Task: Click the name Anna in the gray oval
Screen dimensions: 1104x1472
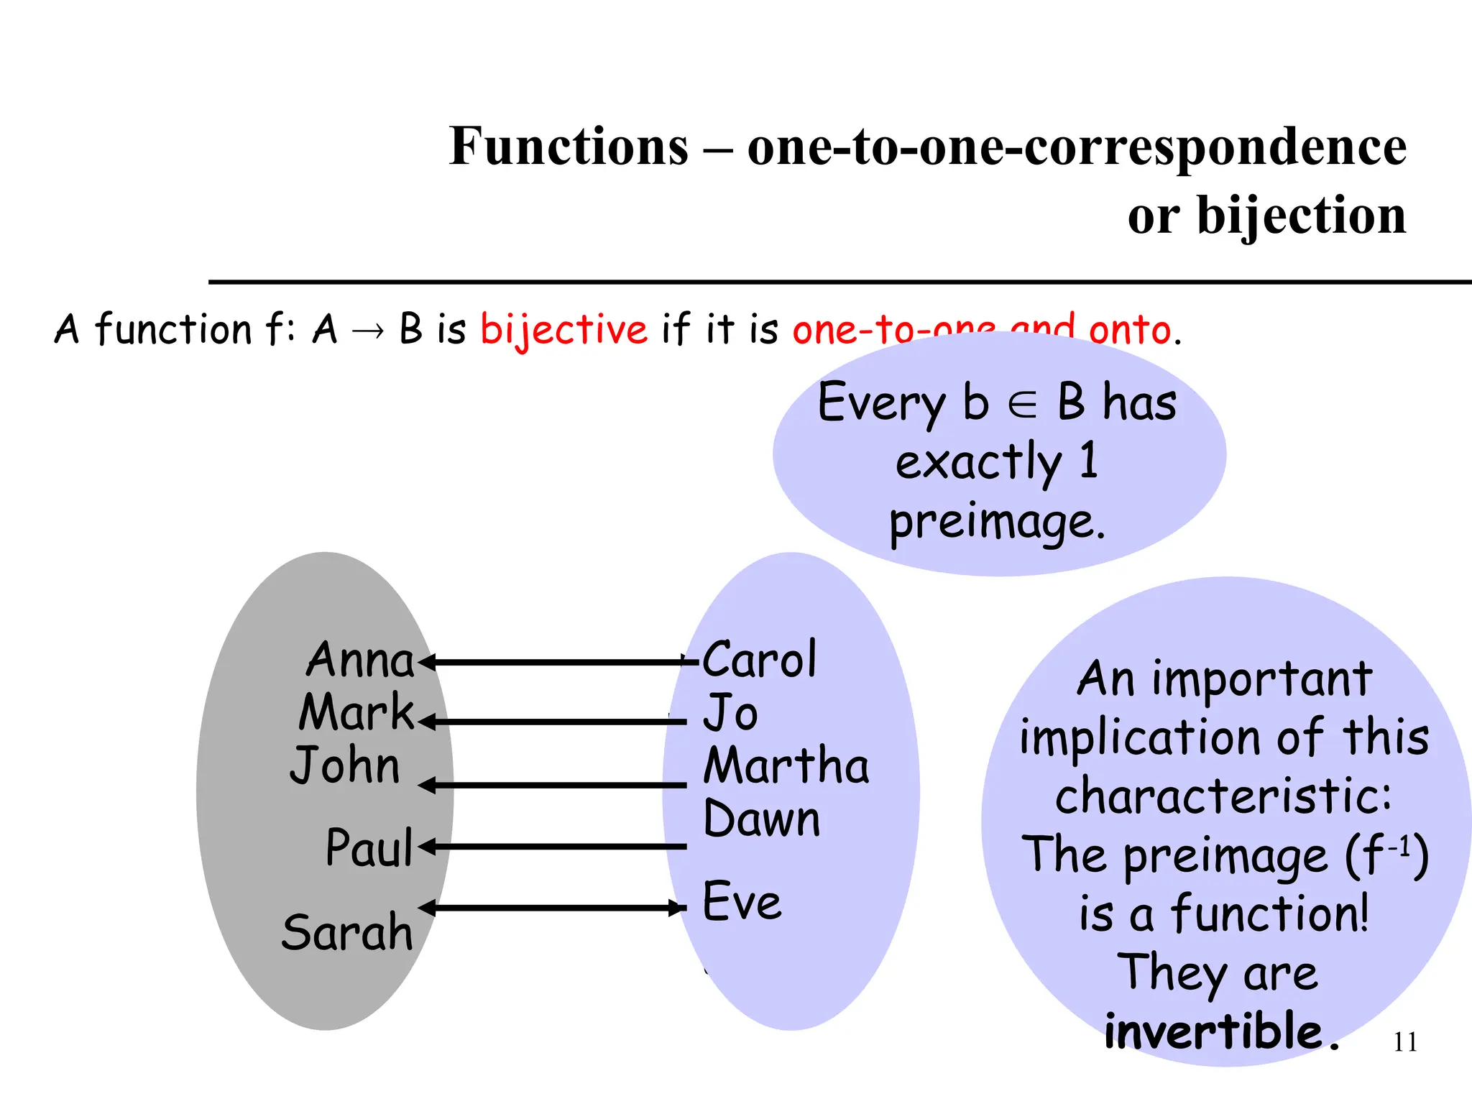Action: [x=360, y=660]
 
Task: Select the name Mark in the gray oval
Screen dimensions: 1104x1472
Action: [x=356, y=712]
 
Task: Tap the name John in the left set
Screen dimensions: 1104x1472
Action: [x=345, y=765]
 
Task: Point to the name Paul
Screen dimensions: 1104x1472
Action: [x=369, y=847]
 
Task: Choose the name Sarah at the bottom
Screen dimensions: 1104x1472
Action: [x=347, y=932]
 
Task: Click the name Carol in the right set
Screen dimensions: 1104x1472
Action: [x=759, y=659]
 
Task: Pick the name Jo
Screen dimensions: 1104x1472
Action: [x=730, y=713]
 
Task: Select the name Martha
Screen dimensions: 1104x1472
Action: [x=786, y=765]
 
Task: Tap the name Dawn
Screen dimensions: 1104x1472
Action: [x=761, y=819]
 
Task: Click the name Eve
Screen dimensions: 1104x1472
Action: [x=742, y=901]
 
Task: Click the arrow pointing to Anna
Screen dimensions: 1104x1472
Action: [x=553, y=662]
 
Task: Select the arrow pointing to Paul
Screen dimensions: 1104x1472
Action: [x=553, y=847]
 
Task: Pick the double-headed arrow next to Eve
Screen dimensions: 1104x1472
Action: [x=553, y=908]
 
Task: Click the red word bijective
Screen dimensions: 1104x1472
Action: [x=563, y=331]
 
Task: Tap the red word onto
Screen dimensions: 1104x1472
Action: [x=1130, y=331]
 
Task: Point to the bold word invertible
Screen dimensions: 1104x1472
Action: [x=1213, y=1031]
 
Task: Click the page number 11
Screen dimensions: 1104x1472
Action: [x=1405, y=1042]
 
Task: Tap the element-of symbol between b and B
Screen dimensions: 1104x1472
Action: [x=1022, y=405]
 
